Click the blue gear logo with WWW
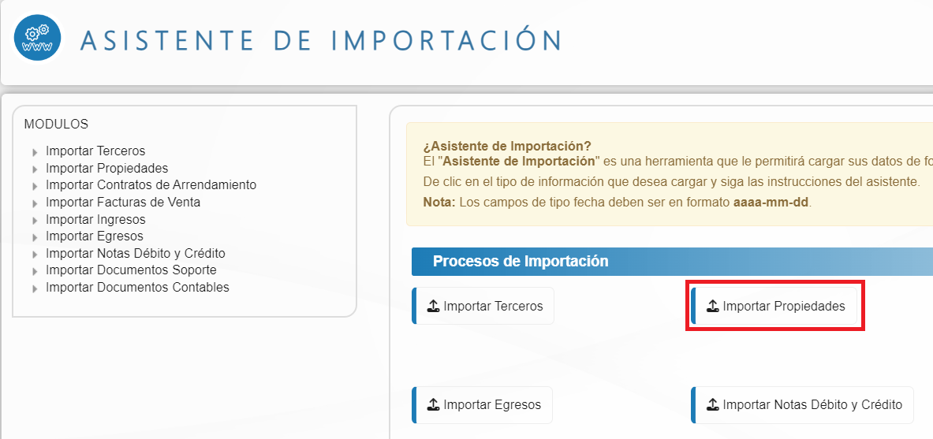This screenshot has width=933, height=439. coord(37,38)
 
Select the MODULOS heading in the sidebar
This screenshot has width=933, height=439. coord(56,125)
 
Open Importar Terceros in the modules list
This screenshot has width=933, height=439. coord(95,151)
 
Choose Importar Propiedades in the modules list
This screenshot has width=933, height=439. coord(106,169)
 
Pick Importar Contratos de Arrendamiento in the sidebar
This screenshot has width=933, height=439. coord(151,185)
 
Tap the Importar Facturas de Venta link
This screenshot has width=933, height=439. coord(123,203)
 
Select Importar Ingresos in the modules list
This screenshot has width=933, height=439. coord(95,219)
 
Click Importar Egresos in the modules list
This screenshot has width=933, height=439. coord(95,236)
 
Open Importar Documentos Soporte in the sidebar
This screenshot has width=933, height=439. coord(131,270)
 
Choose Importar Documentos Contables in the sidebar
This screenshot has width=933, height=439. coord(137,288)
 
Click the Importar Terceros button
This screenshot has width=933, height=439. coord(483,307)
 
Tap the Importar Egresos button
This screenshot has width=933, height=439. coord(482,405)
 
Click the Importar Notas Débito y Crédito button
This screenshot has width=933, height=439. coord(802,405)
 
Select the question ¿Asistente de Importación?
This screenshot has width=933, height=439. coord(507,147)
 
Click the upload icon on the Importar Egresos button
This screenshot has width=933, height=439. coord(433,405)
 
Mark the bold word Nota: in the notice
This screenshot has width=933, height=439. coord(439,202)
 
